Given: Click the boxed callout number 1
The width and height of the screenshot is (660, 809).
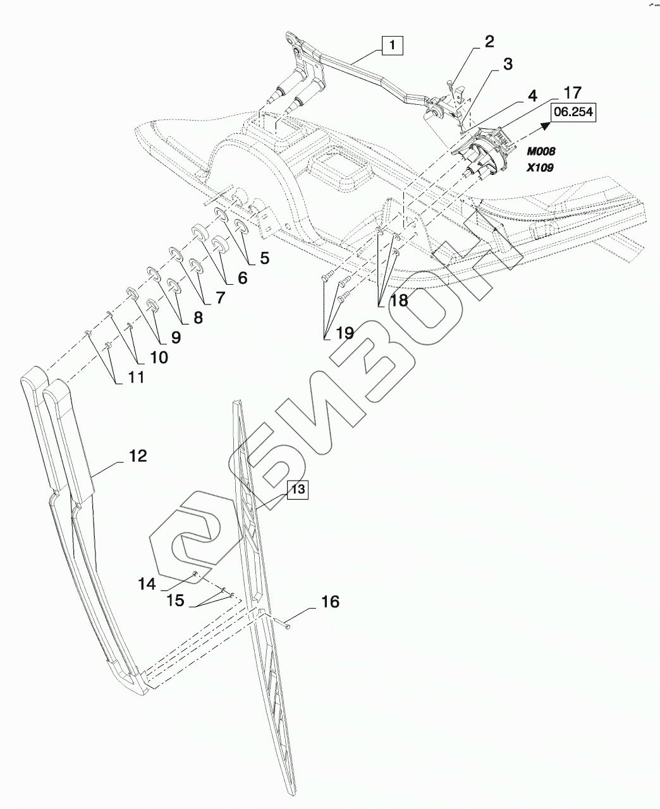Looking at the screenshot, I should click(392, 45).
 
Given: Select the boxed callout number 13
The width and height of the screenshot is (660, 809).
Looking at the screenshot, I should click(298, 489).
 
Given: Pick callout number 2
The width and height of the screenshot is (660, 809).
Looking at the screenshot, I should click(489, 42).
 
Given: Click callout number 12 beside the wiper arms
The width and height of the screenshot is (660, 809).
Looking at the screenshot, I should click(138, 455).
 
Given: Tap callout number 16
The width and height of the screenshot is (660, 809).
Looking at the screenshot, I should click(330, 602).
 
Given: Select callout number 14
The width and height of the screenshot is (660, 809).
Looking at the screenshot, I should click(147, 584).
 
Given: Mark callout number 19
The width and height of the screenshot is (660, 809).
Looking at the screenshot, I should click(345, 332).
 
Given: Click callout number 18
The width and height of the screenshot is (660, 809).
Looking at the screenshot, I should click(399, 300).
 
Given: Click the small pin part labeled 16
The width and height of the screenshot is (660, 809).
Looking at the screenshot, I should click(283, 625).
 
